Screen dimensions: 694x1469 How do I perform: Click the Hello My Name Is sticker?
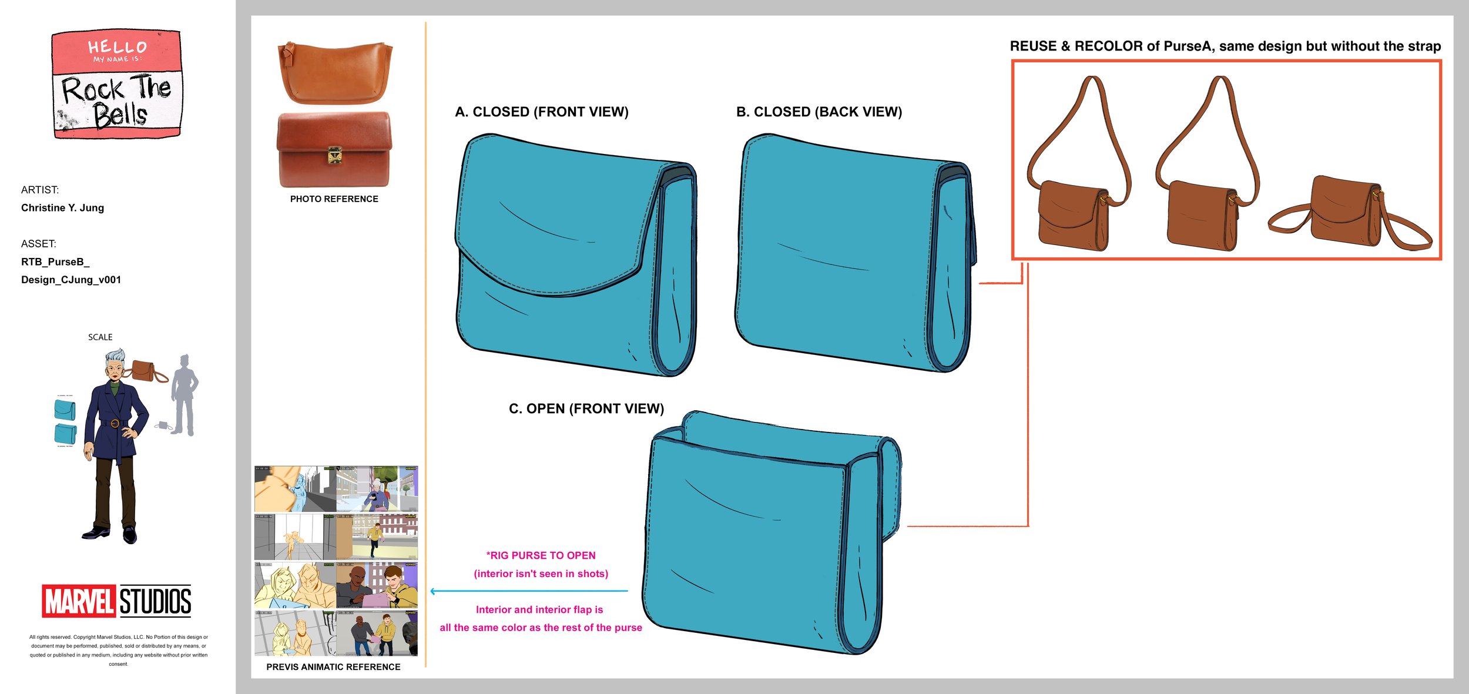(x=116, y=84)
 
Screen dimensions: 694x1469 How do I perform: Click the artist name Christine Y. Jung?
(x=62, y=207)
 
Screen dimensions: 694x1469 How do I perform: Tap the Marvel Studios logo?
(x=116, y=601)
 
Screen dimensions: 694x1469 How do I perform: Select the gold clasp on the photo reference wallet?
(x=335, y=155)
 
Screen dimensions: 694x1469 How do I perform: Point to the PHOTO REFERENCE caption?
(x=334, y=199)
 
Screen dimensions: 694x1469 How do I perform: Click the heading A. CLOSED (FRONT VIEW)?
(x=541, y=112)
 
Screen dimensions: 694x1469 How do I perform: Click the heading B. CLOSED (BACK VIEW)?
(x=819, y=112)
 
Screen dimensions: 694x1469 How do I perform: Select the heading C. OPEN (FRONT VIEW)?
(x=586, y=408)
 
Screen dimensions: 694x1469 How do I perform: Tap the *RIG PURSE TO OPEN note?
(x=541, y=555)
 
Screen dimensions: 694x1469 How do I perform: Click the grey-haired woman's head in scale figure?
(x=115, y=364)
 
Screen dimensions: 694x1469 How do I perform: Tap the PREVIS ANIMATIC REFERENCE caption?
(x=333, y=667)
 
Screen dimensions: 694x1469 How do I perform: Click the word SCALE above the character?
(x=100, y=337)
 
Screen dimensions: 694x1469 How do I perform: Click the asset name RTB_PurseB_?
(x=55, y=261)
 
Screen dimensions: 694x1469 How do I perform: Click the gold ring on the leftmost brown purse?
(x=1104, y=200)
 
